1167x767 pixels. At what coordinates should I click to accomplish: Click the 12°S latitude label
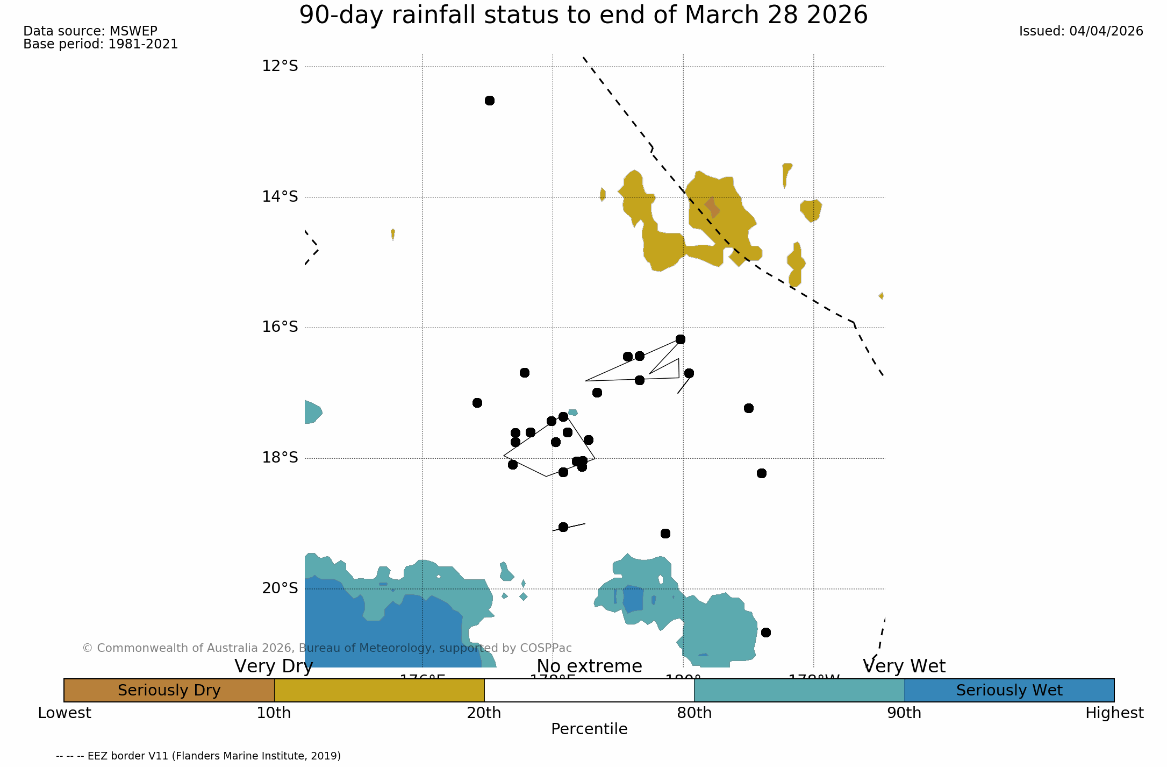(x=280, y=66)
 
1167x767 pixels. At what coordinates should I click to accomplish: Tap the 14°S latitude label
(x=280, y=197)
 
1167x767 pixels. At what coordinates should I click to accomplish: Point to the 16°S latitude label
(x=280, y=327)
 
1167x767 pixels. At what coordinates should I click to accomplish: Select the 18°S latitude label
(x=280, y=458)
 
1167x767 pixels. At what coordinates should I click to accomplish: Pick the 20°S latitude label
(x=280, y=588)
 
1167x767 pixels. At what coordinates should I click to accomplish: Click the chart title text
(x=583, y=15)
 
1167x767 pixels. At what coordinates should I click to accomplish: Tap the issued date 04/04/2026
(x=1106, y=31)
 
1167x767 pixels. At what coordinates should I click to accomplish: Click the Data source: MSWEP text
(x=90, y=31)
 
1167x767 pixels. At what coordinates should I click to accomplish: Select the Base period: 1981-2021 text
(x=101, y=44)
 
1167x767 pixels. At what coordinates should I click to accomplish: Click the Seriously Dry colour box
(x=169, y=690)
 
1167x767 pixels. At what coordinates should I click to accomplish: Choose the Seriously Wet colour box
(x=1009, y=690)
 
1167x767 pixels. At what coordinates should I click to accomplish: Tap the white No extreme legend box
(x=589, y=690)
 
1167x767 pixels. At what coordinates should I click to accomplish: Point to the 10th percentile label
(x=274, y=713)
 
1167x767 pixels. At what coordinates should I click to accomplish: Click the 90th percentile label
(x=904, y=713)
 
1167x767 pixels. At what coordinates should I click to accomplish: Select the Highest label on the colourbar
(x=1114, y=713)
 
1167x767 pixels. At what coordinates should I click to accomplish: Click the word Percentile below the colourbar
(x=589, y=729)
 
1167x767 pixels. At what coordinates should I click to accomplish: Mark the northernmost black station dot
(x=489, y=101)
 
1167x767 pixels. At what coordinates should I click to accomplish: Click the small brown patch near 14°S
(x=713, y=207)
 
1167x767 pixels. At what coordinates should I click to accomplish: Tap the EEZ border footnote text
(x=198, y=756)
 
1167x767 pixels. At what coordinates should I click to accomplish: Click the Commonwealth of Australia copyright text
(x=327, y=648)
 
